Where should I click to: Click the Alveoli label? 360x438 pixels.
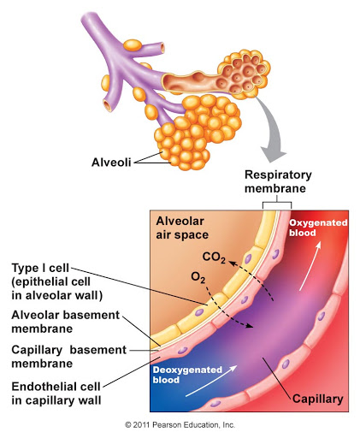click(x=111, y=163)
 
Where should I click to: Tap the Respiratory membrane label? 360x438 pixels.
click(x=278, y=181)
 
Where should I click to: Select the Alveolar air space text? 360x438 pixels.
click(x=182, y=228)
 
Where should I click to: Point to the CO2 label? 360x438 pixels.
click(x=214, y=257)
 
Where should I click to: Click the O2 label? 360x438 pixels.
click(x=198, y=277)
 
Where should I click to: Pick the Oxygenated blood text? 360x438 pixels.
click(x=318, y=228)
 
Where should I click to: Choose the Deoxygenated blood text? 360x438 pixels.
click(x=187, y=375)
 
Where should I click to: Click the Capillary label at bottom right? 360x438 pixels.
click(x=317, y=399)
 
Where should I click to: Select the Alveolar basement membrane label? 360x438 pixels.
click(x=66, y=322)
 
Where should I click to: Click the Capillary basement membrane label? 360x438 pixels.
click(x=68, y=357)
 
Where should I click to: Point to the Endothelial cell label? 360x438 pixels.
click(x=56, y=394)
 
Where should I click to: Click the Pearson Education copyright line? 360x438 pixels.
click(x=180, y=425)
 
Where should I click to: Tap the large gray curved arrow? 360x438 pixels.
click(x=272, y=128)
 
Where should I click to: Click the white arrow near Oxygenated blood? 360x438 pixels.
click(x=310, y=266)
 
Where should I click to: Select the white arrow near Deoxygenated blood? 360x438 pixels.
click(x=211, y=381)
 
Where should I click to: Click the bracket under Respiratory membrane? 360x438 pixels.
click(x=277, y=202)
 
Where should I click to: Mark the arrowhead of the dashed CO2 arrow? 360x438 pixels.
click(x=232, y=263)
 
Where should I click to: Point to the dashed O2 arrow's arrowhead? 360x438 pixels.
click(x=249, y=326)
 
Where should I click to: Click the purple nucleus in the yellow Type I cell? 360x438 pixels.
click(x=199, y=312)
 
